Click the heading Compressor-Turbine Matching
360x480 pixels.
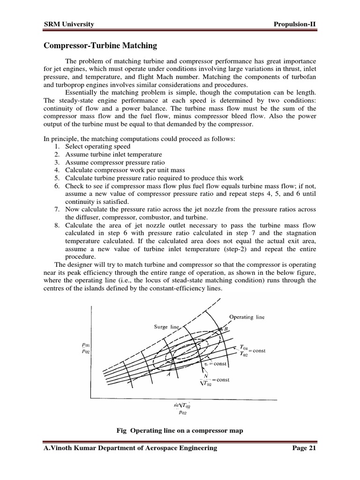[x=100, y=46]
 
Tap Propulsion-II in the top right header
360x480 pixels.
[x=293, y=24]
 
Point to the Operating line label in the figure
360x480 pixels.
[x=247, y=317]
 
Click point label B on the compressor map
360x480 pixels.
[x=226, y=329]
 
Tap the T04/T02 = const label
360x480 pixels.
[x=250, y=351]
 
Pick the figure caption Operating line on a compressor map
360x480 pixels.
[x=180, y=430]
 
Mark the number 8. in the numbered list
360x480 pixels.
[x=56, y=225]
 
